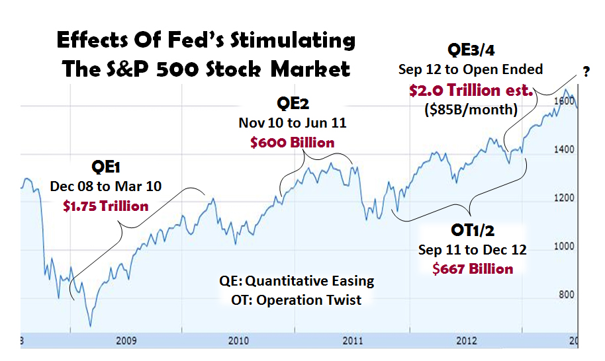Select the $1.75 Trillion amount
106,206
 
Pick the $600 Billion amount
292,142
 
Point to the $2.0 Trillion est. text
470,91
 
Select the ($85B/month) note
470,109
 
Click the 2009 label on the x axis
126,341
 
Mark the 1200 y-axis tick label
564,198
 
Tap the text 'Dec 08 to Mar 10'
105,187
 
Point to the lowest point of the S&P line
89,325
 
